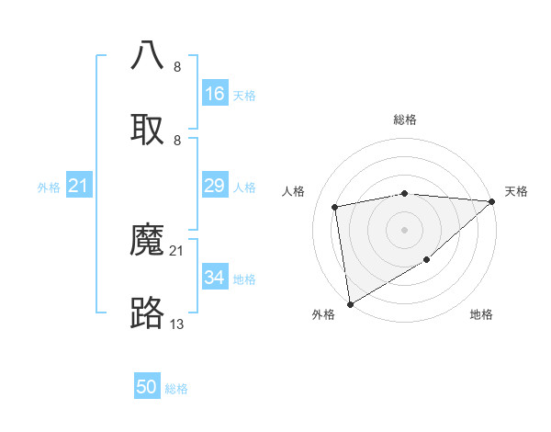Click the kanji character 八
click(147, 55)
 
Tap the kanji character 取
click(147, 130)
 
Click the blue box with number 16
click(214, 94)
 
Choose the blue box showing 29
click(214, 187)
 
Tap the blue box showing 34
click(214, 278)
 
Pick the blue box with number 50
click(147, 388)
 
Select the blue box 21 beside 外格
click(78, 187)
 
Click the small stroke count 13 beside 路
click(177, 324)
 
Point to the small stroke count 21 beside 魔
click(177, 251)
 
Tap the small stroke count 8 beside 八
click(177, 67)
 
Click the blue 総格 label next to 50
click(176, 389)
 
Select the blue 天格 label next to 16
click(244, 95)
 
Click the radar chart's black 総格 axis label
click(404, 119)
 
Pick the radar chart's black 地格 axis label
click(481, 314)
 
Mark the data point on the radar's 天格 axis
click(493, 201)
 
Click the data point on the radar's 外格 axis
click(350, 303)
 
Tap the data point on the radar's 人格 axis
click(335, 207)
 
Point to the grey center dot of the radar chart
click(404, 229)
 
